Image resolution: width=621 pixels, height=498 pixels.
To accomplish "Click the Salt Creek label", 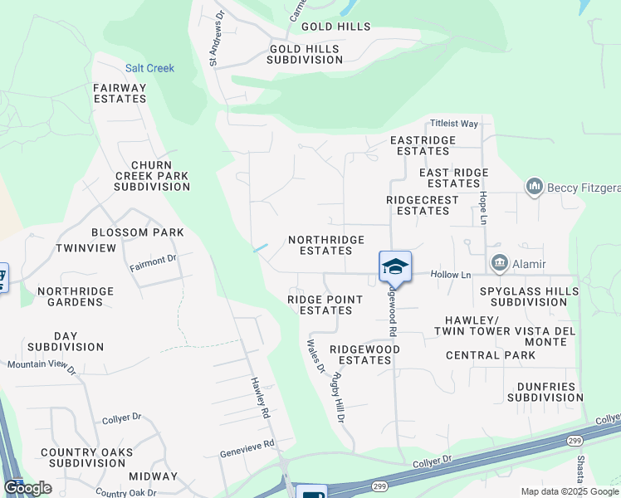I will point(149,68).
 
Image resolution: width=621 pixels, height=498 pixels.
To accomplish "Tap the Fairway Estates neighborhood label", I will point(120,93).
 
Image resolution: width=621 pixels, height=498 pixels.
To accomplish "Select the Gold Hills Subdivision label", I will point(304,55).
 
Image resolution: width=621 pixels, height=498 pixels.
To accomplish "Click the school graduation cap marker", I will point(395,266).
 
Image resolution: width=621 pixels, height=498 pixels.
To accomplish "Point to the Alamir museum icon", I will point(500,263).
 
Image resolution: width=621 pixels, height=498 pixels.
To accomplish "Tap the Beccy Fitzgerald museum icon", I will point(534,188).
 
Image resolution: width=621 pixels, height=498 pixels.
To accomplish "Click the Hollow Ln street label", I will point(450,275).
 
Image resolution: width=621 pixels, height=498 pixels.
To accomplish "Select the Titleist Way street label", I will point(454,124).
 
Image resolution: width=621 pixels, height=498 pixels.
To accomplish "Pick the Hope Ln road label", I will point(482,208).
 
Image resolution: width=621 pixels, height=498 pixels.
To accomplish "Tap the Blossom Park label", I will point(137,232).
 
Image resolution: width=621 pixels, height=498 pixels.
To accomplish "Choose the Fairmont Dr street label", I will point(154,263).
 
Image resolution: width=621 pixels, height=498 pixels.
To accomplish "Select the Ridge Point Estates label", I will point(325,305).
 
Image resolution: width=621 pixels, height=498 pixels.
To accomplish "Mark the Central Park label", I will point(490,355).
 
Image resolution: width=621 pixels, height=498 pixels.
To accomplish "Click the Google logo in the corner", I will point(27,488).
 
